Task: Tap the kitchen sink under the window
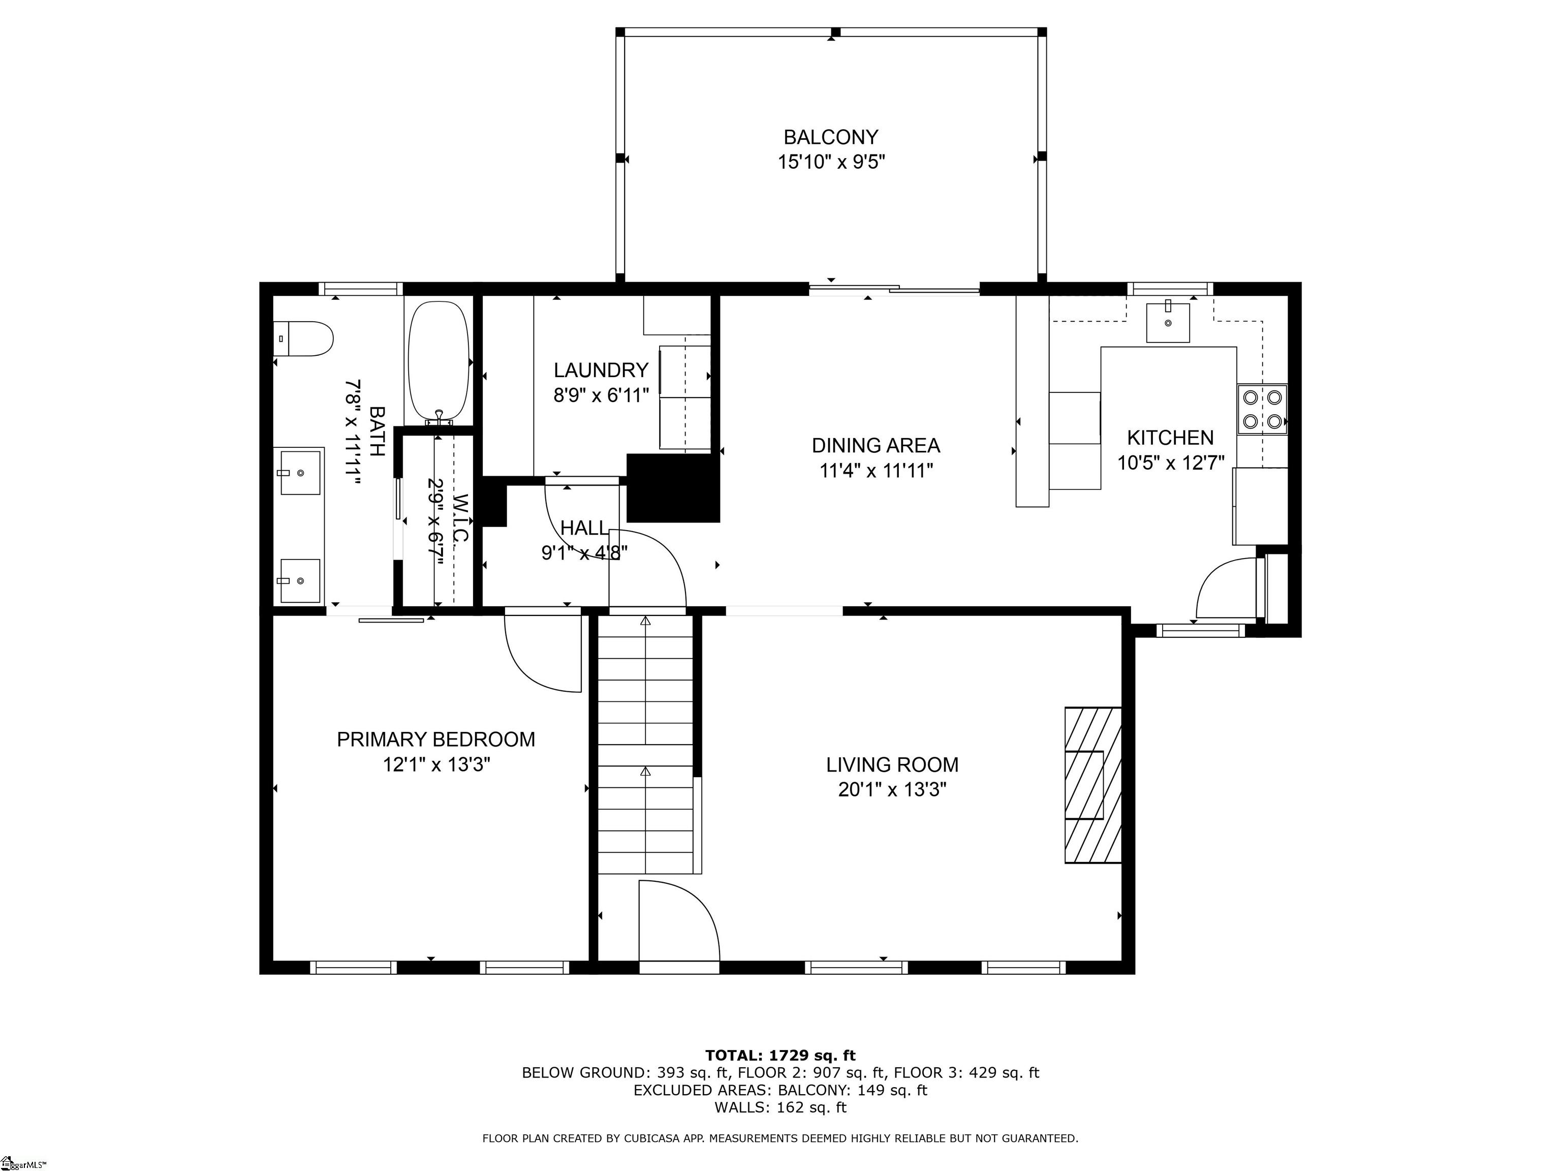[1168, 322]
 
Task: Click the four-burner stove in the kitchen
[1262, 409]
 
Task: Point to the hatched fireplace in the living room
[1092, 785]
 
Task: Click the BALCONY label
[831, 137]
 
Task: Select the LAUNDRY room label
[601, 370]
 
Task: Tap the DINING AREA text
[876, 445]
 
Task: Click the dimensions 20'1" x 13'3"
[892, 789]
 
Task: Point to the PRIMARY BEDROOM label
[435, 739]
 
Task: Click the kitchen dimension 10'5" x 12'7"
[1171, 463]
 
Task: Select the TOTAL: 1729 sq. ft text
[780, 1055]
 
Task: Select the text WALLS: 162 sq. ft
[780, 1107]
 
